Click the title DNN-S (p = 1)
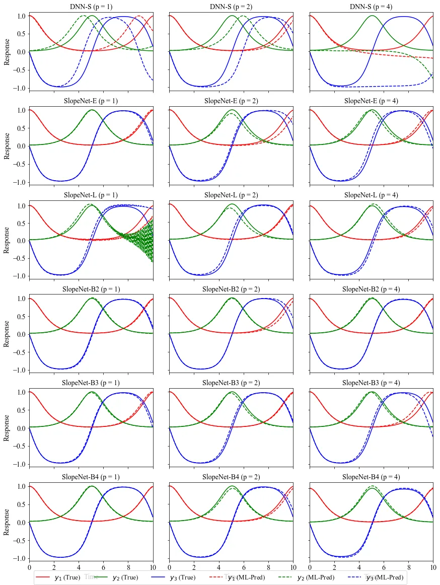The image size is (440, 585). point(91,7)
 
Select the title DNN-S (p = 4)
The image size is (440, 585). point(371,7)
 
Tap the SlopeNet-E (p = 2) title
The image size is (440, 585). point(231,101)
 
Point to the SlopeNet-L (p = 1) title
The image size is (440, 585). point(91,195)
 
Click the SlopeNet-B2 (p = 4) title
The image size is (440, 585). point(371,289)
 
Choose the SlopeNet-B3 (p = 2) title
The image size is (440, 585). point(231,383)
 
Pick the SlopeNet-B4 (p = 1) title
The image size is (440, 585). point(91,477)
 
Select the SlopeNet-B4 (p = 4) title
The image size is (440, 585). point(371,477)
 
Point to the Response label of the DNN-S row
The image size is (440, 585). point(7,52)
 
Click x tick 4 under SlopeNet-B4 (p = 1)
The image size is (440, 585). point(79,568)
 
